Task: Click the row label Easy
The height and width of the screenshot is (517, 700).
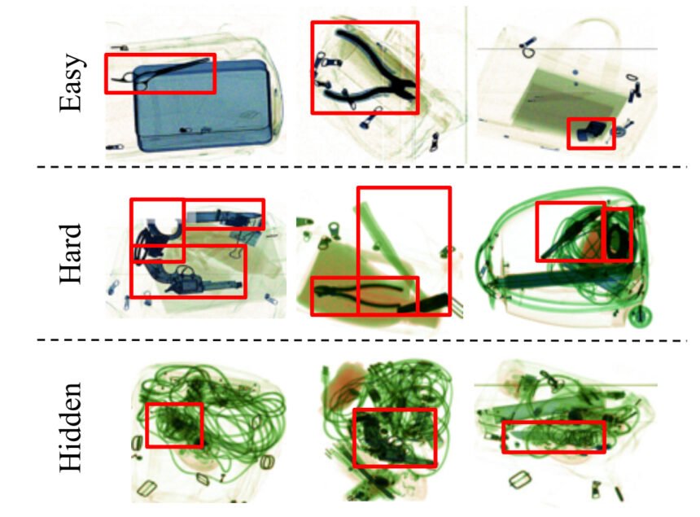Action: coord(72,82)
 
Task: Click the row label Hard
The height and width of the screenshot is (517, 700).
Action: coord(72,253)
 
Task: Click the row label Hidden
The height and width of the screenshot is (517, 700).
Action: coord(72,427)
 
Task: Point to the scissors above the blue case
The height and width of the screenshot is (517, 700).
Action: coord(160,72)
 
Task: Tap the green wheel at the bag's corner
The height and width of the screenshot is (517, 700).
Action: coord(640,316)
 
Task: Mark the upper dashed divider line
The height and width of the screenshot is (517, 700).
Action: coord(361,167)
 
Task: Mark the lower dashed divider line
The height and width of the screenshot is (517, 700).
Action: coord(361,340)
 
